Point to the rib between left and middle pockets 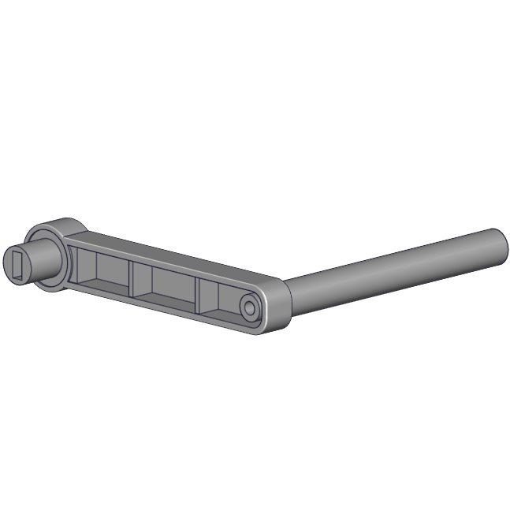133,276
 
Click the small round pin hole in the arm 249,308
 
